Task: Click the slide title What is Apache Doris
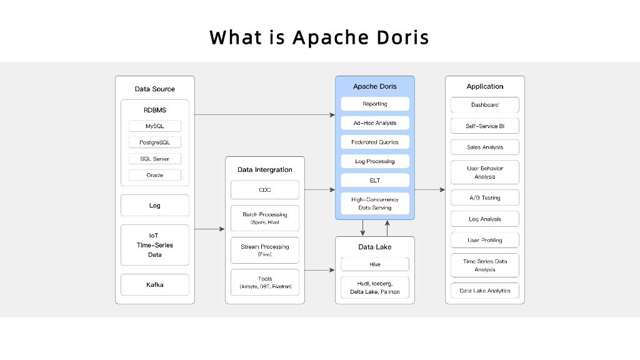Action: [x=319, y=37]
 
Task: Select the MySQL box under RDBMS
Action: [x=154, y=126]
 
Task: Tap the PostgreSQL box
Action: [x=154, y=142]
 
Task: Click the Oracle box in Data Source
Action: [x=154, y=175]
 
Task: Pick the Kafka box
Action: [x=154, y=284]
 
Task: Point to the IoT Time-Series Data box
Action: [x=154, y=245]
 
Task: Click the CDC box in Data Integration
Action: [x=264, y=189]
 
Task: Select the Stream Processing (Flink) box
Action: [x=264, y=250]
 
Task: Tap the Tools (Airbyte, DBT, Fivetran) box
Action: [x=264, y=282]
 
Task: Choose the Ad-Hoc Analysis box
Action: [x=375, y=123]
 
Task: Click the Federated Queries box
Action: [x=375, y=142]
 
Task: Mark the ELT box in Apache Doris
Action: [x=375, y=180]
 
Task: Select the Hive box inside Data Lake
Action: [x=375, y=264]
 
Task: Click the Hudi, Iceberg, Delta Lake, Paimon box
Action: [x=375, y=287]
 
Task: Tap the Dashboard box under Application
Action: [x=485, y=104]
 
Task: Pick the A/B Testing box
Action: [x=485, y=197]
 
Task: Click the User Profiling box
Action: [x=485, y=240]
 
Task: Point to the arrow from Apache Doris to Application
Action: [x=429, y=189]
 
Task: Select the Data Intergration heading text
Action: [x=264, y=169]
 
